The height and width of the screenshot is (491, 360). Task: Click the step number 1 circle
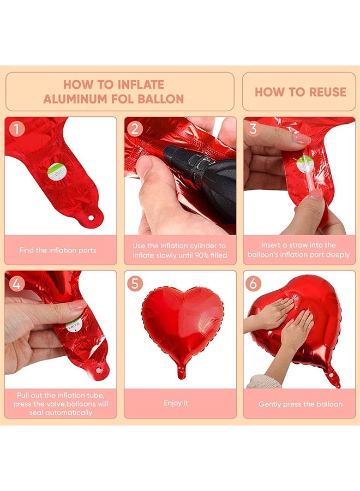pos(17,129)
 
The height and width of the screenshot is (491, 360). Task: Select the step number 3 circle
pos(253,129)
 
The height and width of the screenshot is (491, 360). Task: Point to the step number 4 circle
pos(17,284)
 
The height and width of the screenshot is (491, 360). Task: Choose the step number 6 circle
pos(254,284)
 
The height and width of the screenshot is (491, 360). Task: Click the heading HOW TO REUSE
pos(300,92)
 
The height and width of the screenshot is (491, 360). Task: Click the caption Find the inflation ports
pos(58,250)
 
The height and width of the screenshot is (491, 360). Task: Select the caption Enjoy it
pos(176,403)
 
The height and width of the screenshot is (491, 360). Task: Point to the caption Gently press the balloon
pos(300,404)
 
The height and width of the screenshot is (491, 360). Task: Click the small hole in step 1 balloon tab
pos(91,219)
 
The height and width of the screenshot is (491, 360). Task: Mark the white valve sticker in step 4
pos(71,326)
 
